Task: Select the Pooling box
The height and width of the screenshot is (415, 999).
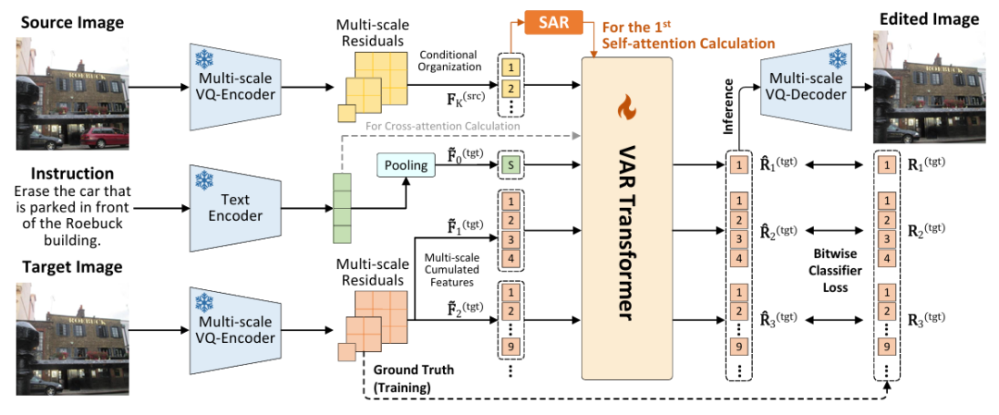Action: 406,165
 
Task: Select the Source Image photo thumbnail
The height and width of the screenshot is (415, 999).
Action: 71,91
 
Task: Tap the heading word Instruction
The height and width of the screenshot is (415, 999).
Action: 72,174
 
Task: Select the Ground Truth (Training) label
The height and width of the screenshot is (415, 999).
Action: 415,380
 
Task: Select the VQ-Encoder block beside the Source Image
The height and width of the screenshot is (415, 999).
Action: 234,89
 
